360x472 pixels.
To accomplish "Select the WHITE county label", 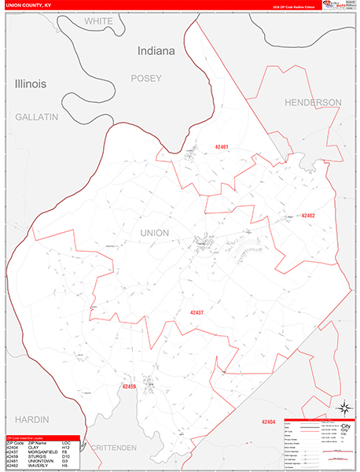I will (100, 21).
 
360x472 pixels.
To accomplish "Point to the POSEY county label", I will (145, 78).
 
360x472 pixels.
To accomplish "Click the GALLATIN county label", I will (37, 116).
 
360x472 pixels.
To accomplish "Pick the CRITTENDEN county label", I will (113, 447).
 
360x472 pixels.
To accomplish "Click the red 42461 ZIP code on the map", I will (221, 147).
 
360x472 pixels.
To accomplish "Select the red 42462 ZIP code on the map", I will (307, 216).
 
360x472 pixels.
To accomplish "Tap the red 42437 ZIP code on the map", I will (197, 312).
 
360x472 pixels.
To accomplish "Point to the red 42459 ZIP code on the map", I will (129, 386).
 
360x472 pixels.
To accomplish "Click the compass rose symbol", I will (343, 407).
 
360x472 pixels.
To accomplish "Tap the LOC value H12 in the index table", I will (65, 447).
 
